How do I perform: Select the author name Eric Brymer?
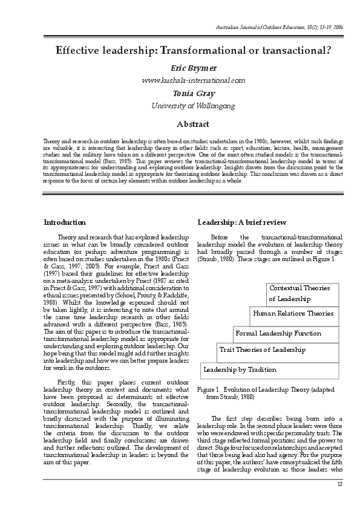pyautogui.click(x=180, y=68)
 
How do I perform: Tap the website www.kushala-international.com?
pyautogui.click(x=180, y=80)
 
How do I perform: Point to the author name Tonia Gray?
pyautogui.click(x=180, y=94)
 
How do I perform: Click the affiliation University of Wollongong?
pyautogui.click(x=180, y=106)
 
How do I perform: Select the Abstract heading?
pyautogui.click(x=180, y=125)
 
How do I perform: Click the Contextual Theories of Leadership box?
pyautogui.click(x=303, y=294)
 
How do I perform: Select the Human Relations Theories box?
pyautogui.click(x=293, y=314)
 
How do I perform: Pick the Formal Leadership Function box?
pyautogui.click(x=278, y=333)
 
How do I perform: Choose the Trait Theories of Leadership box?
pyautogui.click(x=262, y=350)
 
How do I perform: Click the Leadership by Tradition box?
pyautogui.click(x=240, y=369)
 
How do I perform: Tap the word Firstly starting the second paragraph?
pyautogui.click(x=67, y=382)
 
